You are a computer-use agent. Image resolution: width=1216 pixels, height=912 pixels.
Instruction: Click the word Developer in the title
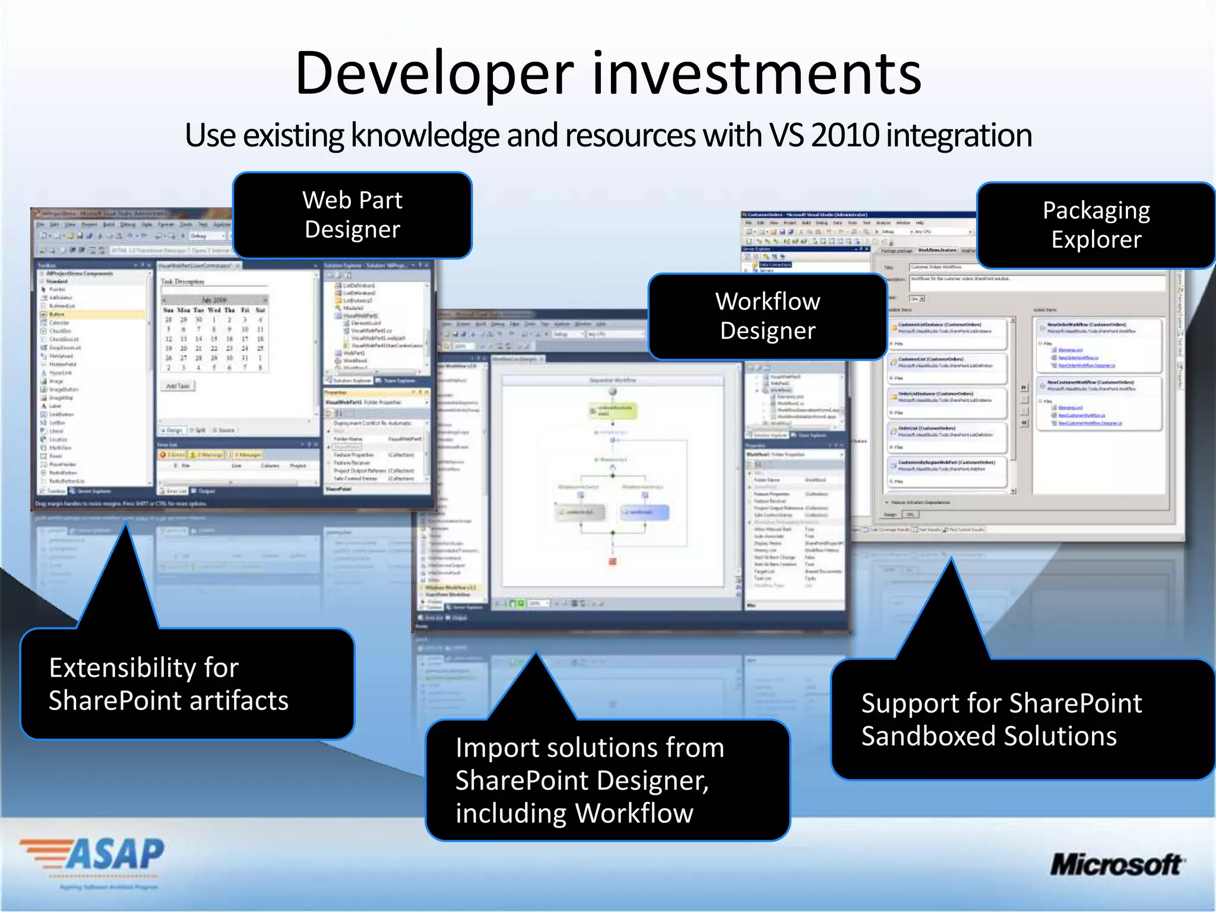[x=434, y=74]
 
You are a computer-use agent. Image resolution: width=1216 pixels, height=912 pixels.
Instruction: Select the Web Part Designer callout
[x=353, y=215]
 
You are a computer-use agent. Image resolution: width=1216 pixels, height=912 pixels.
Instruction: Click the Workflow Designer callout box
[x=768, y=316]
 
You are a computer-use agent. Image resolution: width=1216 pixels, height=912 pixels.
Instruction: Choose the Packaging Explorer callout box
[x=1096, y=225]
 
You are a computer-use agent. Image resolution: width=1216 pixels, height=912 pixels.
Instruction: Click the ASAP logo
[x=93, y=856]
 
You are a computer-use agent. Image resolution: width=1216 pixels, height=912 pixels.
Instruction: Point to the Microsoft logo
[x=1117, y=864]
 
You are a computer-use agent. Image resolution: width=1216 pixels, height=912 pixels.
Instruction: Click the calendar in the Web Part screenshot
[x=214, y=332]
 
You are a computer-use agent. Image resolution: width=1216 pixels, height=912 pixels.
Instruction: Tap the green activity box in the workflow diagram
[x=613, y=410]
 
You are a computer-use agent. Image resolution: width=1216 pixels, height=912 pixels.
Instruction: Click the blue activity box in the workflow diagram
[x=644, y=512]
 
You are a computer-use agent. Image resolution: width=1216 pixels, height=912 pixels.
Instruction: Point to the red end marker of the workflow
[x=613, y=561]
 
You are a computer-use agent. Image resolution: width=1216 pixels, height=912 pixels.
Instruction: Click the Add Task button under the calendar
[x=178, y=386]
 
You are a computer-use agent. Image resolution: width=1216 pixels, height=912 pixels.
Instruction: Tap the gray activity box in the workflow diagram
[x=580, y=512]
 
